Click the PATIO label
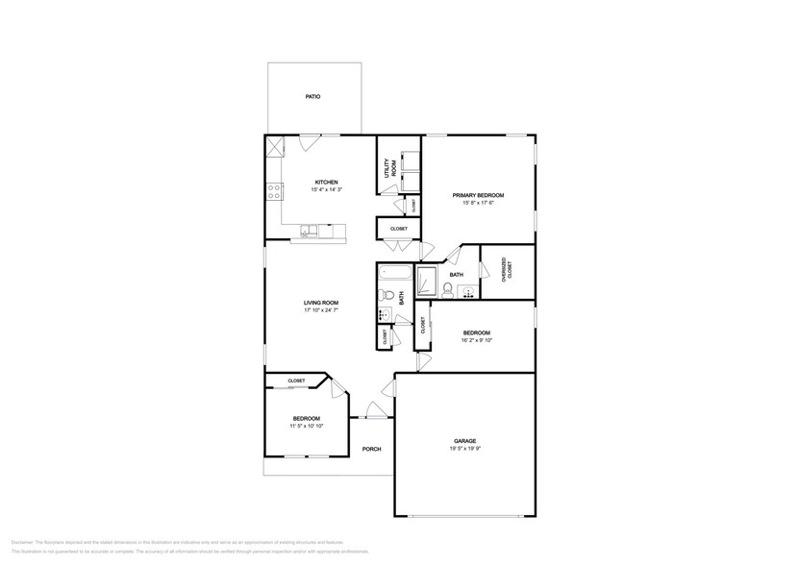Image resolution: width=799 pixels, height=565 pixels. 312,97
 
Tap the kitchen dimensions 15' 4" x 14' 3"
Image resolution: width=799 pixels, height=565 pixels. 326,190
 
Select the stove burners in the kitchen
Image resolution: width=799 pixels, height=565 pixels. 274,189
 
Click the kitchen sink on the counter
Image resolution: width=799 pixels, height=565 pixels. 308,231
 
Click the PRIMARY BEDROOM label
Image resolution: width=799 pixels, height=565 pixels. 478,194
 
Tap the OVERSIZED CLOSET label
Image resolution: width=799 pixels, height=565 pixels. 506,271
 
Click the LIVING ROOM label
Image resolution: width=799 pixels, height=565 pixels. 320,303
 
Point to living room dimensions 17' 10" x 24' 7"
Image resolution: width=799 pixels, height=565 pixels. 320,310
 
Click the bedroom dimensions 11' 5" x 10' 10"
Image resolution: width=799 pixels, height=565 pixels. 306,426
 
